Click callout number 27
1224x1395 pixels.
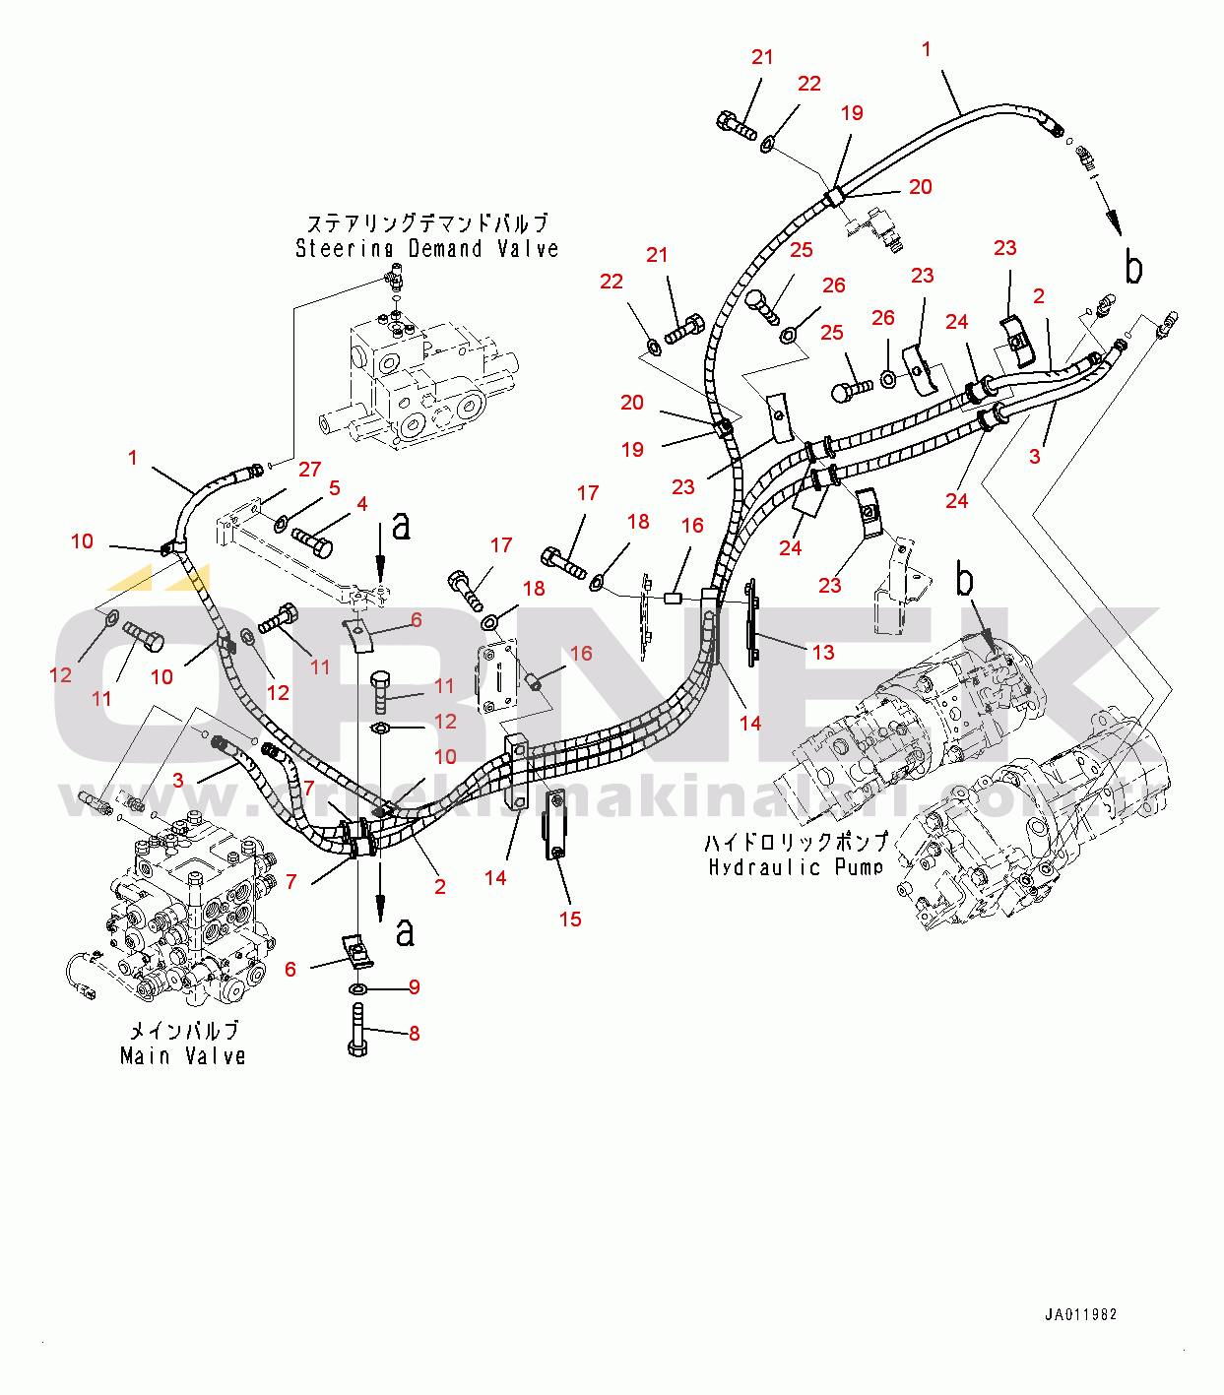click(x=309, y=470)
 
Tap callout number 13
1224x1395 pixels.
click(x=823, y=652)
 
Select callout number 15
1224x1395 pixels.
click(x=570, y=919)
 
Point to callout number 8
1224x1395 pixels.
click(x=415, y=1033)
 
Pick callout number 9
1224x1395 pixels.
click(x=415, y=986)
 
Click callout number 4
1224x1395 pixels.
click(x=362, y=504)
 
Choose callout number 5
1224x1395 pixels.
click(x=335, y=487)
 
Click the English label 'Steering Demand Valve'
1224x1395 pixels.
click(x=427, y=248)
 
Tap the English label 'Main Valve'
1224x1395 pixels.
click(x=183, y=1056)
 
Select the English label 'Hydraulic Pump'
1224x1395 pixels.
click(x=796, y=866)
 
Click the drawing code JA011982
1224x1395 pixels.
click(x=1080, y=1314)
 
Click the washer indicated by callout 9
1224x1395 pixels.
click(x=359, y=987)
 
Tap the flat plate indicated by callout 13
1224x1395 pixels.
click(x=752, y=622)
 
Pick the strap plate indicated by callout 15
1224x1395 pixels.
click(x=554, y=824)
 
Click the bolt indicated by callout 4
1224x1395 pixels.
click(x=312, y=539)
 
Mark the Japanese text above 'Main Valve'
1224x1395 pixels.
click(x=184, y=1031)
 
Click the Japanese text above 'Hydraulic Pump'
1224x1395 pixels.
click(x=796, y=842)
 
